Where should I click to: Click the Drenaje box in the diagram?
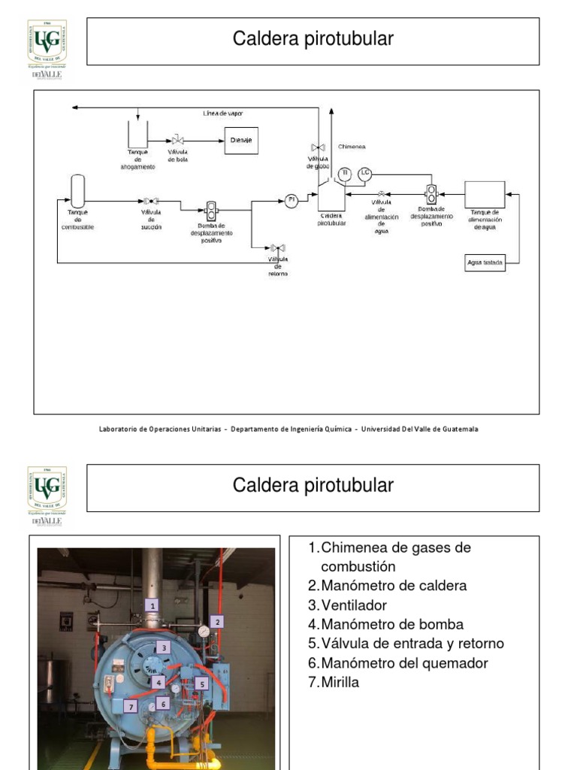[242, 141]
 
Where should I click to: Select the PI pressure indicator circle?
[292, 199]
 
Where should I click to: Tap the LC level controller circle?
[364, 173]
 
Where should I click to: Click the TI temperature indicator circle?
[344, 174]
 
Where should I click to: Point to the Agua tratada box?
[485, 263]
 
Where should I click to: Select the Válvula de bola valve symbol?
[178, 141]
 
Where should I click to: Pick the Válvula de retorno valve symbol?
[277, 248]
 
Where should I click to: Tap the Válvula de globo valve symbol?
[317, 147]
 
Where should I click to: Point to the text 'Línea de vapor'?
[223, 114]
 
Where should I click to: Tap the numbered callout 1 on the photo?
[153, 605]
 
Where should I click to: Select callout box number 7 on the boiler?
[131, 707]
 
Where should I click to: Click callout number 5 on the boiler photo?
[202, 684]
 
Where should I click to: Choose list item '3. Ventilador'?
[355, 605]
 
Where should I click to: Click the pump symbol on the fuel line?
[212, 211]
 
